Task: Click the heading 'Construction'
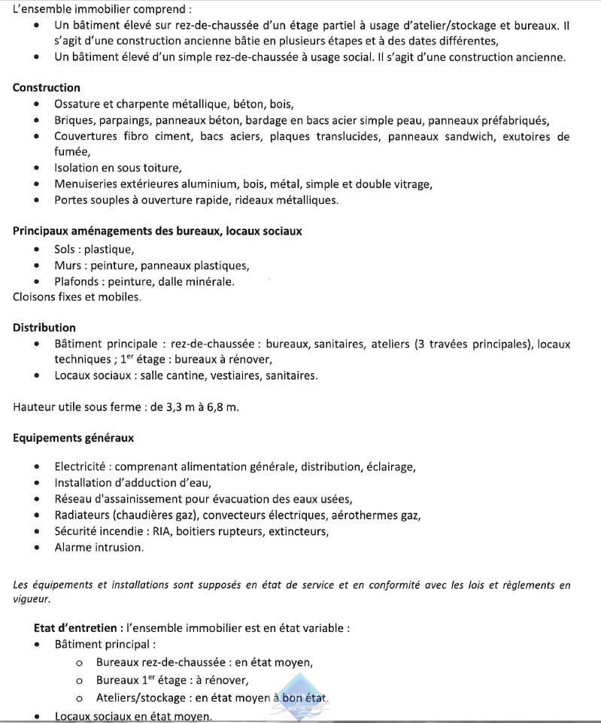[x=46, y=88]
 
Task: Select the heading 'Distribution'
[x=44, y=327]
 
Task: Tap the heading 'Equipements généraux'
[x=73, y=437]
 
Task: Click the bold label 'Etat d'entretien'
[x=78, y=627]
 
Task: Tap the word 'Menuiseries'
[x=86, y=184]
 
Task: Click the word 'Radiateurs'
[x=82, y=515]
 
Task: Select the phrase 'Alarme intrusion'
[x=98, y=547]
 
